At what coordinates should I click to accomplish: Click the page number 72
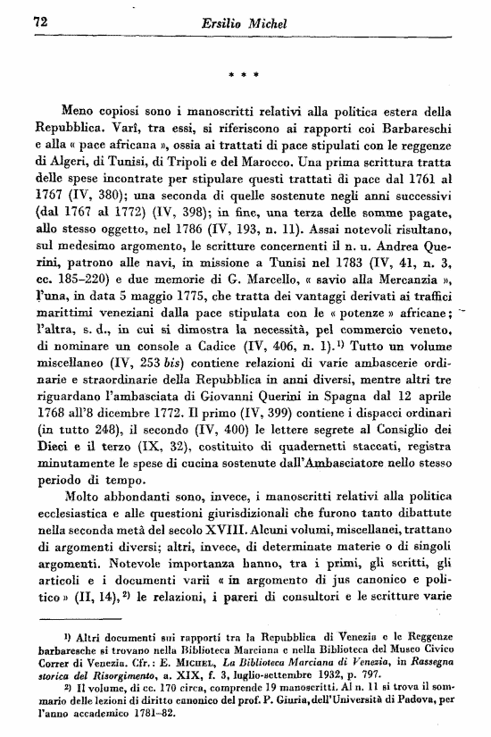click(x=39, y=20)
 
